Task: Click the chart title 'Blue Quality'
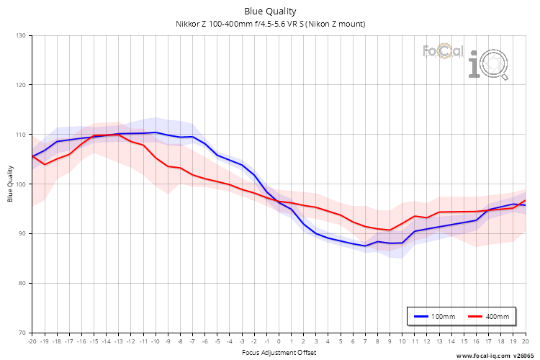click(x=270, y=11)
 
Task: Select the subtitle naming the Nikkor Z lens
click(x=270, y=24)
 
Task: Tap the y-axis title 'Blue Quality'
click(x=11, y=184)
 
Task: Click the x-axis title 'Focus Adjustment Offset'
click(x=278, y=352)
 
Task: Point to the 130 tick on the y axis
click(x=20, y=35)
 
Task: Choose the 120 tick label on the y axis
click(x=20, y=85)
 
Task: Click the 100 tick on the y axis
click(x=20, y=184)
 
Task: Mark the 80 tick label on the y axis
click(x=22, y=283)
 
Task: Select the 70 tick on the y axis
click(x=22, y=333)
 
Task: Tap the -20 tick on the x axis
click(x=32, y=341)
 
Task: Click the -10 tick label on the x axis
click(x=156, y=341)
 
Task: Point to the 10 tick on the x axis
click(x=402, y=341)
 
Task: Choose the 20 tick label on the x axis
click(x=525, y=341)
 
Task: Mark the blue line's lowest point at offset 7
click(x=365, y=246)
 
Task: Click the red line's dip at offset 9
click(x=390, y=230)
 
